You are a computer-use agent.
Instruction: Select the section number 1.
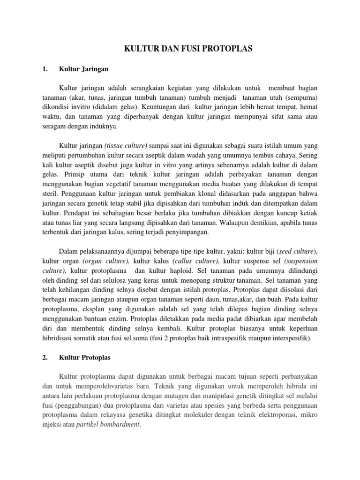45,69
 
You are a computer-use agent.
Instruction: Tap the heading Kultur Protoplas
84,357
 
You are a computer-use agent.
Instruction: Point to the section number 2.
45,357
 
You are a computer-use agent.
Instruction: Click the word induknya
104,127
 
